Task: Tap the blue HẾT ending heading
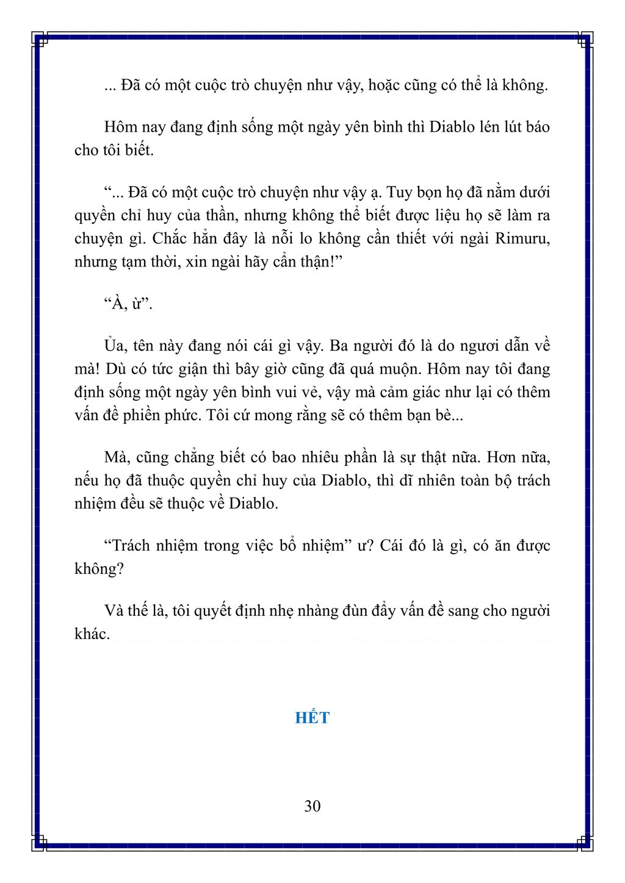point(312,718)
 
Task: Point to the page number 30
point(312,806)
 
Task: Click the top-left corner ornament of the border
point(40,40)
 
